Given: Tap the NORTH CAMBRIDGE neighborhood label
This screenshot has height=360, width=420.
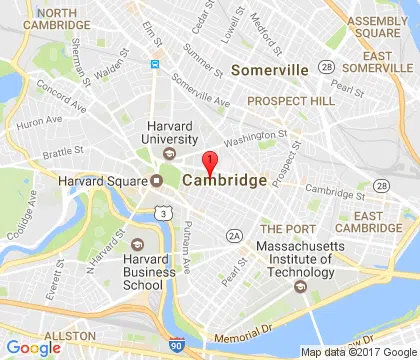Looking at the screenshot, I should [x=42, y=19].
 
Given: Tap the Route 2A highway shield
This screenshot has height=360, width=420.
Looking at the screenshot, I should [x=234, y=235].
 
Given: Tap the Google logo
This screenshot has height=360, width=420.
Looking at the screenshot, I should [x=33, y=348].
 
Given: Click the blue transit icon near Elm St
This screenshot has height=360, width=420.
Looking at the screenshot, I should [x=155, y=64].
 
